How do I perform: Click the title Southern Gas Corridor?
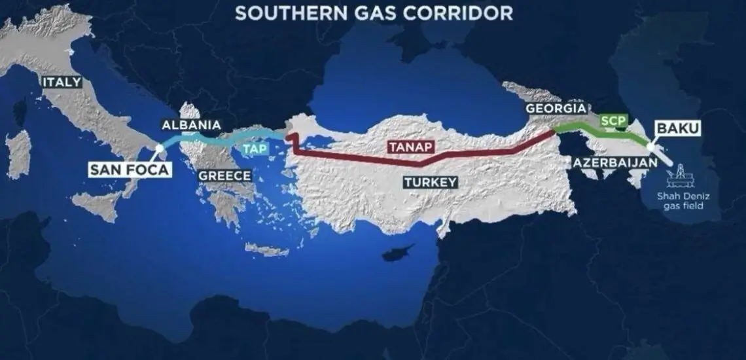coord(374,13)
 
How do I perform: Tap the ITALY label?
coord(62,82)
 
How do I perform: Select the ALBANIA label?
coord(192,125)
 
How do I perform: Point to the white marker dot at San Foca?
coord(160,149)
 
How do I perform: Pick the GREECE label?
coord(224,175)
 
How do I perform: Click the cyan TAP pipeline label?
coord(255,149)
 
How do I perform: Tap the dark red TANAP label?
coord(410,147)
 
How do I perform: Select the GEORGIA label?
coord(556,108)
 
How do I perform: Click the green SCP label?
coord(614,120)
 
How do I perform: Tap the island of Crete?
coord(266,249)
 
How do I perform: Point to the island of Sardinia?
coord(18,153)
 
